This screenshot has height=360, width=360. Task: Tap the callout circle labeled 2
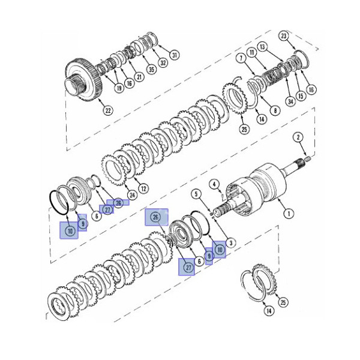point(298,137)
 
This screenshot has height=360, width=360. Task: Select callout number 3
point(231,243)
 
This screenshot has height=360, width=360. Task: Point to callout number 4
point(213,183)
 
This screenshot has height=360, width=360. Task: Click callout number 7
point(240,59)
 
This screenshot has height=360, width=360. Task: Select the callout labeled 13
point(262,46)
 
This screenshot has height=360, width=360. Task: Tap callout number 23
point(284,36)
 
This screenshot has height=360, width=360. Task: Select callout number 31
point(175,55)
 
